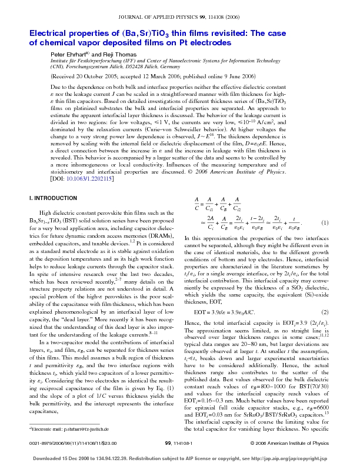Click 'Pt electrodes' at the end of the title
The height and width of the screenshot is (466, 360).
(x=205, y=43)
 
